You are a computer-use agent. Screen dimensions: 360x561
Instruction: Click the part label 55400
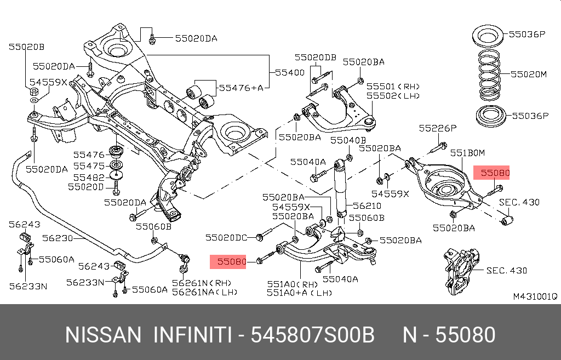290,72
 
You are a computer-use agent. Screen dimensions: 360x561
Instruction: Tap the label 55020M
529,73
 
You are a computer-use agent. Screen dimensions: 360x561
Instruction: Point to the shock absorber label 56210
367,206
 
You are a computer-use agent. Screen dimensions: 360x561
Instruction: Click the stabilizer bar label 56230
56,238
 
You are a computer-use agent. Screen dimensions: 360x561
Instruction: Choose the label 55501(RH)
393,86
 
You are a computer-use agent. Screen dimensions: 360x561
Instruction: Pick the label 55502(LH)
393,95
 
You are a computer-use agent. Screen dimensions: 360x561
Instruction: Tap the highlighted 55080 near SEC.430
495,174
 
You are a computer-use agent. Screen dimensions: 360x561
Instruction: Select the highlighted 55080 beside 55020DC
232,261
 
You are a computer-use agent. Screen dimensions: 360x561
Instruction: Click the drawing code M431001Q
534,296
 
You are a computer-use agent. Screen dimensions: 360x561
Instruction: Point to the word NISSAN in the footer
103,335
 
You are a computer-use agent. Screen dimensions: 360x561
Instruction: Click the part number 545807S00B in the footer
312,335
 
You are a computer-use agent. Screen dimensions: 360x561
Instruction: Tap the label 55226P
437,128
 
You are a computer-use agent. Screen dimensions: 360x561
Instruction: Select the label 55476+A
241,87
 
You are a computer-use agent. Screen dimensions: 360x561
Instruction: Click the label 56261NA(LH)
204,292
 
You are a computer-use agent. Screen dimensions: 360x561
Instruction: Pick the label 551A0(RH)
292,284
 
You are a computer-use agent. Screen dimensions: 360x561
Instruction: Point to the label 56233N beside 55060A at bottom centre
85,282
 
